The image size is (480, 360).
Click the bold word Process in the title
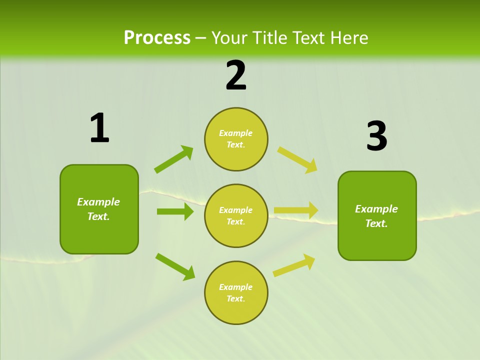point(157,38)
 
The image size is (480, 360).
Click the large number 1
point(99,128)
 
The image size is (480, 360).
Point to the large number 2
point(236,75)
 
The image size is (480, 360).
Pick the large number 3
point(376,136)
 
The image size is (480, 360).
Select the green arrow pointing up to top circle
point(173,159)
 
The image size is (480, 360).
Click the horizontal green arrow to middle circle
point(175,211)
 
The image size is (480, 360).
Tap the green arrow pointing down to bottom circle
point(175,266)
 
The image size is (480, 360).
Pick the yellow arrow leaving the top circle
point(297,160)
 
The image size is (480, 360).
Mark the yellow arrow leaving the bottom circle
point(294,265)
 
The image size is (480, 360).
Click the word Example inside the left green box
point(98,202)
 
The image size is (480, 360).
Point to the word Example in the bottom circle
point(235,287)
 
